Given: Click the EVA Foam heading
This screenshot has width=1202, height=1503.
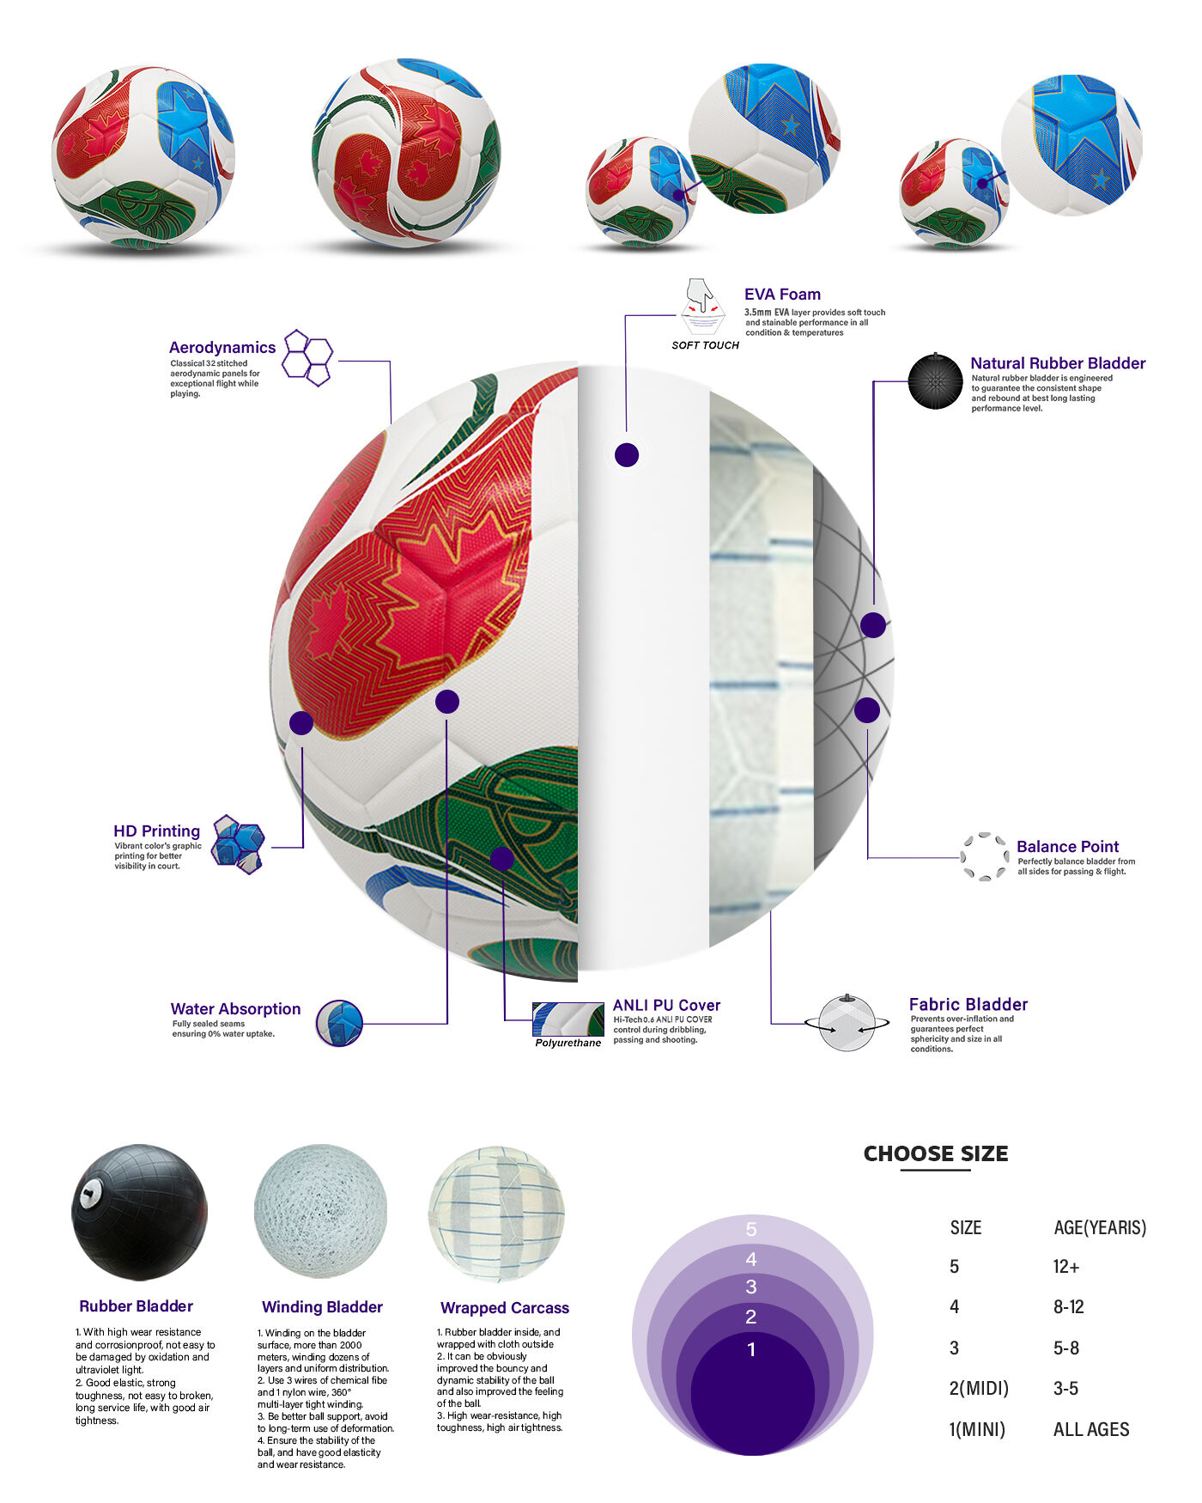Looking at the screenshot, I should click(782, 295).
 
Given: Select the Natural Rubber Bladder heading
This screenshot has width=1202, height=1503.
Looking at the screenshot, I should click(1058, 363).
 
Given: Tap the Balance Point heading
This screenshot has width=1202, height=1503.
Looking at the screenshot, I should click(1067, 847).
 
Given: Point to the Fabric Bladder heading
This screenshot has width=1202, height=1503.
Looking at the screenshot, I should click(968, 1005).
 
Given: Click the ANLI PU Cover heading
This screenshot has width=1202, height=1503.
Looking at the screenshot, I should click(666, 1006).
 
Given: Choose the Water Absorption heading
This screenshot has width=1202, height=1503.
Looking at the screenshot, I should click(235, 1009).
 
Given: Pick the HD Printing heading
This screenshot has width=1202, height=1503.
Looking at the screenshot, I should click(156, 831).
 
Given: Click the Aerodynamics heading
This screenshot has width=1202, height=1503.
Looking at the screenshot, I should click(222, 348).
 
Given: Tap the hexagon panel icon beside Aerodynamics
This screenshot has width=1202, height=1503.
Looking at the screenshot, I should click(307, 357).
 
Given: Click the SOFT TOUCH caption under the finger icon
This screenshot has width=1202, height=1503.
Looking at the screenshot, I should click(705, 345).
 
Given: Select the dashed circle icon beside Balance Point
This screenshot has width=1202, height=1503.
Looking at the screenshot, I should click(984, 856).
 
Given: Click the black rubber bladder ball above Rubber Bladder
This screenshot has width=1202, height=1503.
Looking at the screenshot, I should click(139, 1212).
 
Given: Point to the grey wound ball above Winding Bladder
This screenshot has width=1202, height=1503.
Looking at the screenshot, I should click(320, 1211).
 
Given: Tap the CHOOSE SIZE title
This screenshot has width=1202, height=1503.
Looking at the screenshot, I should click(936, 1153).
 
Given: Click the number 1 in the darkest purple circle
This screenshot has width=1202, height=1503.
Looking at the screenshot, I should click(751, 1349).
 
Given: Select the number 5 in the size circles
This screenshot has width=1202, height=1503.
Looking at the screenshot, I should click(751, 1230).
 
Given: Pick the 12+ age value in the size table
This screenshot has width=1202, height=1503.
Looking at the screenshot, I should click(1066, 1267).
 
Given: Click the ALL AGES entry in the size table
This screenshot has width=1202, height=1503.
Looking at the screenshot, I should click(1091, 1430).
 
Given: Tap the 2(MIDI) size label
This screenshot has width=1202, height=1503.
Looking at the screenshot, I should click(979, 1389).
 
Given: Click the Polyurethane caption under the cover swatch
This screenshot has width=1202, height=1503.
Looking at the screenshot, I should click(568, 1044).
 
